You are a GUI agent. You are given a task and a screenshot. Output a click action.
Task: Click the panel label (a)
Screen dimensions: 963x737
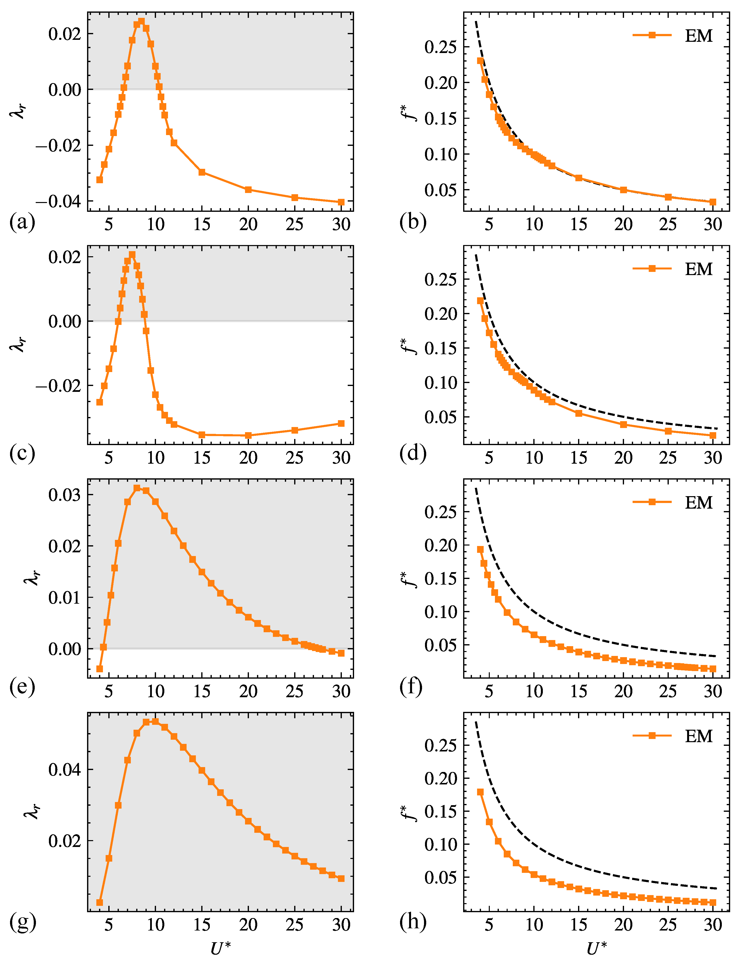point(22,222)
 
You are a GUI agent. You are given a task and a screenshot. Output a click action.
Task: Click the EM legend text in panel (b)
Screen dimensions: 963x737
point(699,35)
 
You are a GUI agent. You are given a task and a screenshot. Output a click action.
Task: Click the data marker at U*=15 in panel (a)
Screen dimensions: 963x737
point(202,172)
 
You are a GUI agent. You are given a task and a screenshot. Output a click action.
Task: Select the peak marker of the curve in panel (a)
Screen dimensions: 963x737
point(141,21)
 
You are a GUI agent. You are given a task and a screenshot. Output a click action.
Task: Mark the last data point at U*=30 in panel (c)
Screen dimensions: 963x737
point(341,423)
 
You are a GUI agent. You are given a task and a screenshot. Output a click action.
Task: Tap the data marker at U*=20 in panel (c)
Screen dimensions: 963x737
point(248,435)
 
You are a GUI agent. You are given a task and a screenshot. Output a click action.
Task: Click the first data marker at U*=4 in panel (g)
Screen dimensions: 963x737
point(100,902)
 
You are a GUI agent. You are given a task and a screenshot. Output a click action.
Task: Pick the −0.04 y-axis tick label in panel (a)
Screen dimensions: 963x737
point(58,202)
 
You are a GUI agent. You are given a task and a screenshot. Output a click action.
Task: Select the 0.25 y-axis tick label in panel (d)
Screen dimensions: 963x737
point(440,279)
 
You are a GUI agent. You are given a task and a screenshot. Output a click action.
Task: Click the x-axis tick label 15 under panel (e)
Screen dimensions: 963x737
point(202,691)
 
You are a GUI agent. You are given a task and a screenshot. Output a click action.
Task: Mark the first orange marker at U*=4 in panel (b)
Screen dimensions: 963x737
point(480,61)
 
